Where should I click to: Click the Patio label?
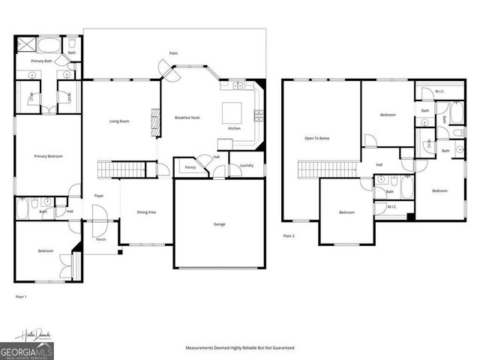173,54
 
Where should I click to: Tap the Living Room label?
120,121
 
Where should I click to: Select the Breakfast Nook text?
187,118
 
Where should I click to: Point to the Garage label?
219,224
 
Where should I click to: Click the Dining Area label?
146,212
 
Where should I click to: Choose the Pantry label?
190,167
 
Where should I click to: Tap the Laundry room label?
247,165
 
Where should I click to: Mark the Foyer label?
98,196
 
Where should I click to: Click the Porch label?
101,240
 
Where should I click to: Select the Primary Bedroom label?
48,156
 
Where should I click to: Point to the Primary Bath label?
40,61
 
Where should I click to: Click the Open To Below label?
316,139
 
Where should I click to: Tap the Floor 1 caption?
21,298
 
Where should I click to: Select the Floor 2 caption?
289,235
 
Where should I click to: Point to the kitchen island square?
231,113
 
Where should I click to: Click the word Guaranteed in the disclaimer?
282,348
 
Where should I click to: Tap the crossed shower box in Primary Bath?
22,44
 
